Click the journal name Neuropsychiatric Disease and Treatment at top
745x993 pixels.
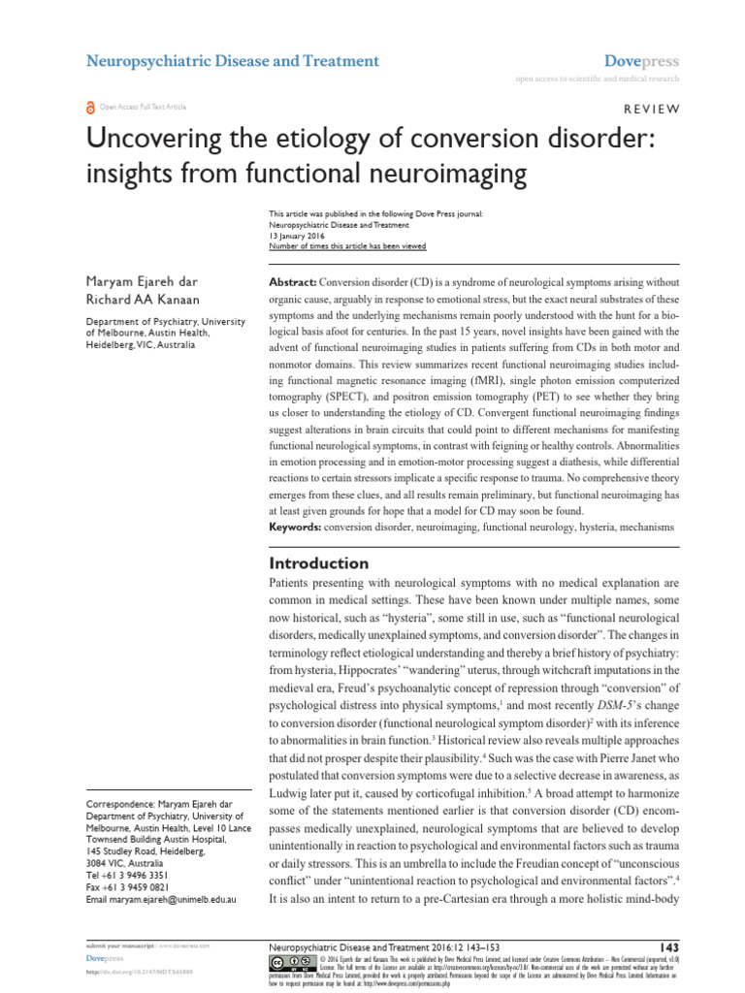point(234,61)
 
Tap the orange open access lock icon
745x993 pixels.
point(91,108)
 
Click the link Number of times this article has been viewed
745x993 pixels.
point(346,246)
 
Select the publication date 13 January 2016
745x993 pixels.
point(296,236)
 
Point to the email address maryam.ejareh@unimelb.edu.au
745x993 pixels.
point(162,900)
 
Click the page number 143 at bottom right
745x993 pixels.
point(667,945)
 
